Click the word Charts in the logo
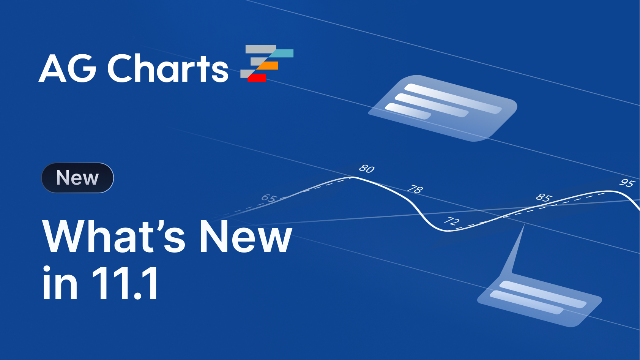pos(168,68)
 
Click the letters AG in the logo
pos(68,68)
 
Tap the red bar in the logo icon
pos(257,77)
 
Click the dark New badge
pos(77,178)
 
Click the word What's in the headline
pos(114,236)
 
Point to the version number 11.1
pos(125,283)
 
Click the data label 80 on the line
pos(367,169)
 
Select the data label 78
pos(415,189)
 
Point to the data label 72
pos(452,221)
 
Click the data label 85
pos(543,197)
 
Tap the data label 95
pos(626,183)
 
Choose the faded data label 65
pos(269,198)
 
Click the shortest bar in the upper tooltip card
pos(408,111)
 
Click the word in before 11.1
pos(60,283)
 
